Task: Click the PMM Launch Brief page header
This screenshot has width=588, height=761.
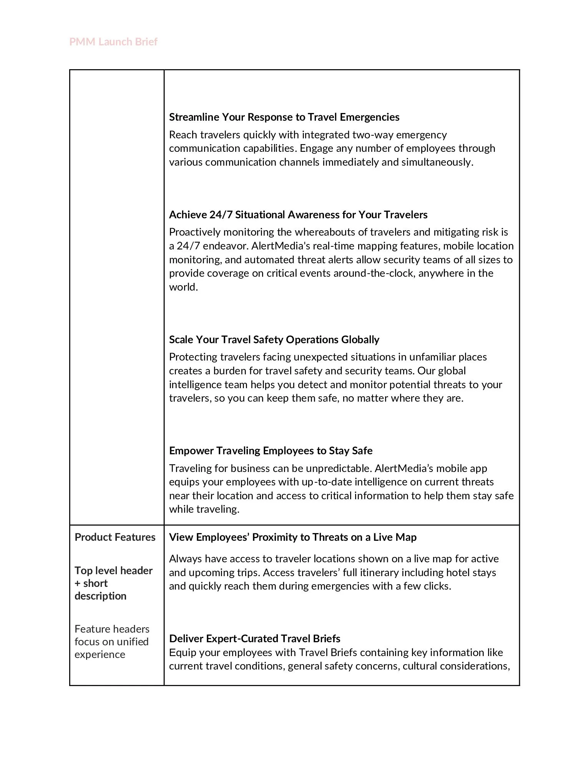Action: [113, 42]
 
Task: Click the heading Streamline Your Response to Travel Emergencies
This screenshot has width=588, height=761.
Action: [284, 117]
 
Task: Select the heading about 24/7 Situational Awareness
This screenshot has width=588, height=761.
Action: [298, 214]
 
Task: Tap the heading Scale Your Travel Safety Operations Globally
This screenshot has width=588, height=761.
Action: [274, 340]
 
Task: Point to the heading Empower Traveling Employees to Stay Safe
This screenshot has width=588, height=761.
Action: [271, 450]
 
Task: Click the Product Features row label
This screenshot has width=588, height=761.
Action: [115, 537]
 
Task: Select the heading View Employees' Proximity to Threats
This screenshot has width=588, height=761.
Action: [292, 537]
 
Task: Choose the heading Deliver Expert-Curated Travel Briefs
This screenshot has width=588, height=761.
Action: [254, 638]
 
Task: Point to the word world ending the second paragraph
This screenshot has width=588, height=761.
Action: [183, 287]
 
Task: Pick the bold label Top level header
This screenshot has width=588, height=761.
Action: [113, 570]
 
